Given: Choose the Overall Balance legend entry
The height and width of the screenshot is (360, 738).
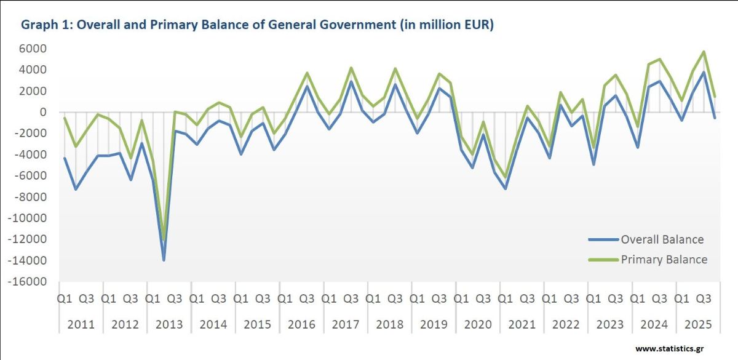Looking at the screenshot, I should [662, 239].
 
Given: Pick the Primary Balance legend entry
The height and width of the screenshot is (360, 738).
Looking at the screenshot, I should [664, 260].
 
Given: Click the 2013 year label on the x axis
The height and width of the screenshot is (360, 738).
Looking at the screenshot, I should [169, 324].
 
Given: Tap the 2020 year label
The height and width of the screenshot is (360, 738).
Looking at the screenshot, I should [478, 324].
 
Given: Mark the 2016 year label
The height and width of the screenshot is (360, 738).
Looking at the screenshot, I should [301, 324].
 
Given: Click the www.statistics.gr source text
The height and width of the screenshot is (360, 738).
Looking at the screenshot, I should [669, 349].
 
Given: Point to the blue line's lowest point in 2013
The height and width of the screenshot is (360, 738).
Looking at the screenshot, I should [164, 260].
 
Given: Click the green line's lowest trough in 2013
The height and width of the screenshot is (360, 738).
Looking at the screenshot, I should [164, 239].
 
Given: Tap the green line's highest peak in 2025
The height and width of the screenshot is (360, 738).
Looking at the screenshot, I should [704, 52].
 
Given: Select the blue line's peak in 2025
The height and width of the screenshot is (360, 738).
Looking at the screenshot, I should [704, 72].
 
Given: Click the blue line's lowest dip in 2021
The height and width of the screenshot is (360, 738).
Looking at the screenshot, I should [506, 188].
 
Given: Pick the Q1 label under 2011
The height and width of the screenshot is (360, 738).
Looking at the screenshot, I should [65, 299].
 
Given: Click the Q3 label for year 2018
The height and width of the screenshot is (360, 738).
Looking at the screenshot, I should [395, 299].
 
